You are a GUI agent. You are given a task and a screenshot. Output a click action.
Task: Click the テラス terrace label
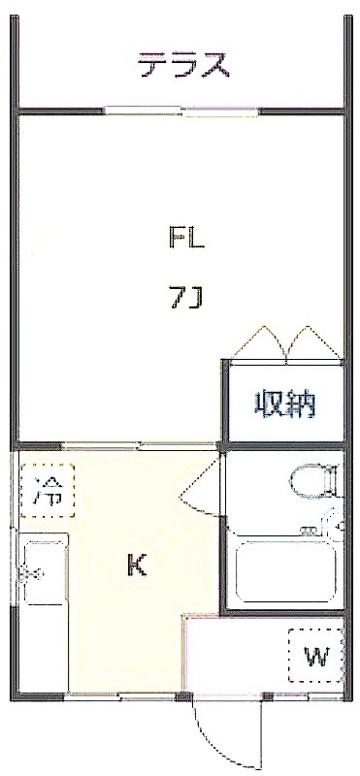[x=183, y=65]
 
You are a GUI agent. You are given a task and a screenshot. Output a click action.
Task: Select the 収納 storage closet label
[x=285, y=404]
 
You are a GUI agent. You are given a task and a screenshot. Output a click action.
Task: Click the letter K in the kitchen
[x=137, y=565]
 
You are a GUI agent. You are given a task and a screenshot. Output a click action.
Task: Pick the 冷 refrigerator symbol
[x=48, y=491]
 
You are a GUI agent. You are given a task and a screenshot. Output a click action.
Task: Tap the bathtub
[x=285, y=571]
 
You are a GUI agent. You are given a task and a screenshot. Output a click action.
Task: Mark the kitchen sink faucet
[x=30, y=574]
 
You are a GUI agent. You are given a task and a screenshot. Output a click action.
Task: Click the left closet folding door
[x=259, y=341]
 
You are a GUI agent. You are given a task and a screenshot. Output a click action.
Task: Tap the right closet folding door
[x=314, y=341]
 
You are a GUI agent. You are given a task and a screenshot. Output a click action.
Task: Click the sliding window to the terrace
[x=183, y=111]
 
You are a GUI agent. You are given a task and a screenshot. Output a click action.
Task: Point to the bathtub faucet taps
[x=310, y=530]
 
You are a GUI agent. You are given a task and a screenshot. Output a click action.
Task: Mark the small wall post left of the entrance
[x=184, y=697]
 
